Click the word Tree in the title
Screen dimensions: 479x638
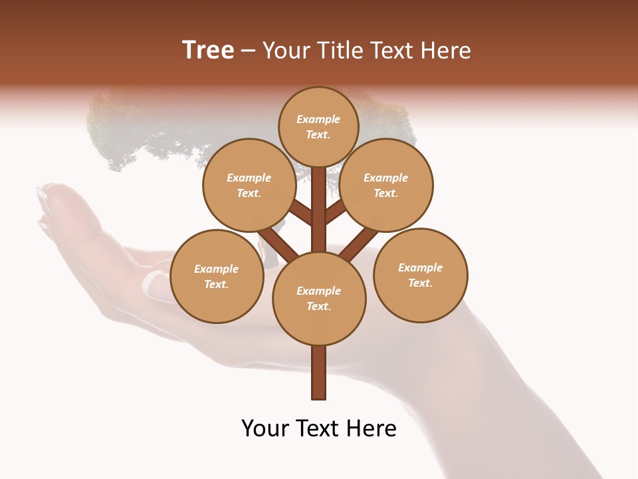208,51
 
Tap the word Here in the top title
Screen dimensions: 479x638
446,51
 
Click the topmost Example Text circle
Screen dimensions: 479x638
318,126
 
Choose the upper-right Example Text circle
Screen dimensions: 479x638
386,185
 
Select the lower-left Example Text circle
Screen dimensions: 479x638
217,276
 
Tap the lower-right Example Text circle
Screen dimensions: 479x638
421,275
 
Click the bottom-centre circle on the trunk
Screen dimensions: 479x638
319,299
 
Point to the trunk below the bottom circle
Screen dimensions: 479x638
319,373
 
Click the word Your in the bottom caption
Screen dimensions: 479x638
265,428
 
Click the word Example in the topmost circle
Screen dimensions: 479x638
318,119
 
